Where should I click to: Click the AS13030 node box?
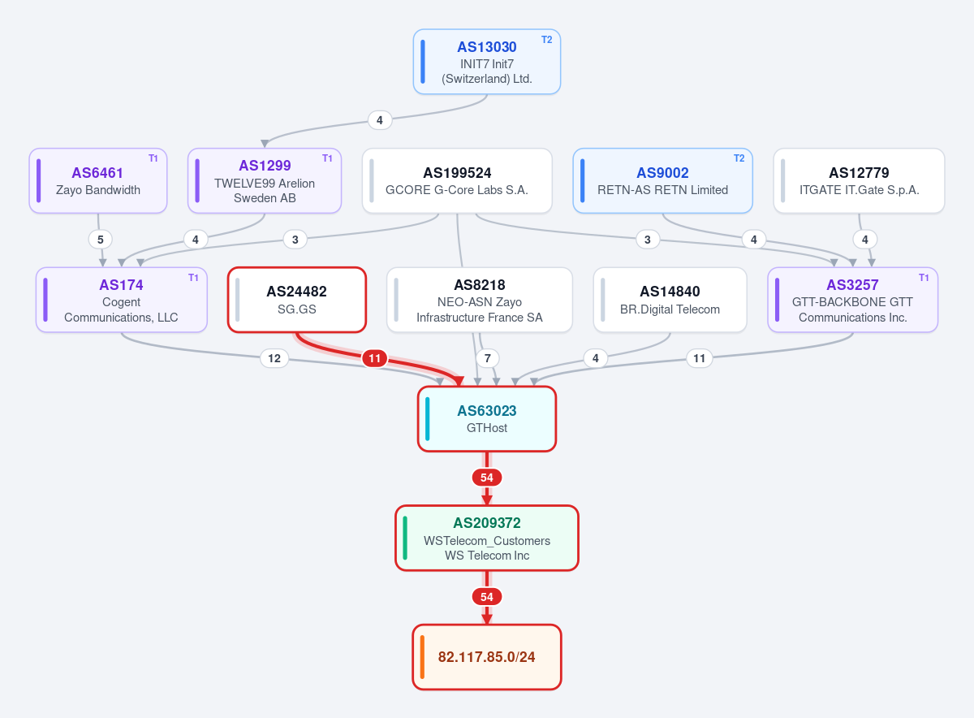[x=486, y=62]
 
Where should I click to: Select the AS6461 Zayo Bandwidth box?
[x=98, y=180]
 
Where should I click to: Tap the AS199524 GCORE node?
[x=457, y=180]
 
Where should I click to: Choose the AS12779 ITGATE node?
[x=859, y=180]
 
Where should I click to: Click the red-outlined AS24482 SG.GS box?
[x=297, y=300]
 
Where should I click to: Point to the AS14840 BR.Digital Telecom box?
[x=670, y=300]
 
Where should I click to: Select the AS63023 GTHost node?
[x=486, y=419]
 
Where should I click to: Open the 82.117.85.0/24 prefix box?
[x=486, y=657]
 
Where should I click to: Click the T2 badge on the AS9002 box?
[x=739, y=158]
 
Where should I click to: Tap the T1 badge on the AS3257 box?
[x=924, y=278]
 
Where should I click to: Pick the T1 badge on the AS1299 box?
[x=327, y=158]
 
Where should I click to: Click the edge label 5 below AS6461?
[x=101, y=240]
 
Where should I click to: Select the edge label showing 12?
[x=274, y=358]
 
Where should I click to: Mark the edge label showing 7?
[x=488, y=358]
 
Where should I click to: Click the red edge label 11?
[x=374, y=358]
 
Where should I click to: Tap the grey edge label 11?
[x=699, y=358]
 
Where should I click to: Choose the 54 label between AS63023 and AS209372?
[x=486, y=478]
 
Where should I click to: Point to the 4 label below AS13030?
[x=380, y=120]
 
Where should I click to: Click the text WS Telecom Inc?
[x=486, y=556]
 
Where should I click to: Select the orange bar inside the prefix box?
[x=422, y=657]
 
